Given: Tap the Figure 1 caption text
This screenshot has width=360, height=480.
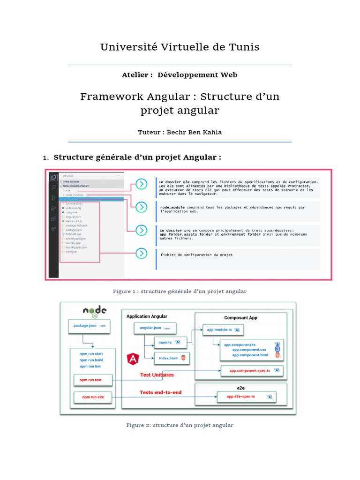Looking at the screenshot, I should click(x=180, y=292).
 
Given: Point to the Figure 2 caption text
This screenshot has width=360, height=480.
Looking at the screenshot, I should click(x=180, y=425).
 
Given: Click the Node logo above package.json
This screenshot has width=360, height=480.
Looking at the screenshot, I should click(x=95, y=311).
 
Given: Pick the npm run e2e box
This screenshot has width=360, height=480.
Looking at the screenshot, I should click(x=93, y=397).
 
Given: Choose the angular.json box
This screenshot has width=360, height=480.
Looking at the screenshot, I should click(x=155, y=328).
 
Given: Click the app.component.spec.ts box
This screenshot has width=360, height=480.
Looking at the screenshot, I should click(x=252, y=371).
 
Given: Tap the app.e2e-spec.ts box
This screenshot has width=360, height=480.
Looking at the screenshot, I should click(x=245, y=397).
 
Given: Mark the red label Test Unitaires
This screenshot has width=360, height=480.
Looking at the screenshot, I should click(x=157, y=375).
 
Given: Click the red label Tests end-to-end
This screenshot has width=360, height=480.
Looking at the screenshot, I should click(x=160, y=392).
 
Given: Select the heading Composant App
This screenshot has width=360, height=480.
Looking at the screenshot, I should click(x=240, y=318).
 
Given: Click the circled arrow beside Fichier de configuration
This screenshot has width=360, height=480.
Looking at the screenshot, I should click(x=141, y=254).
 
